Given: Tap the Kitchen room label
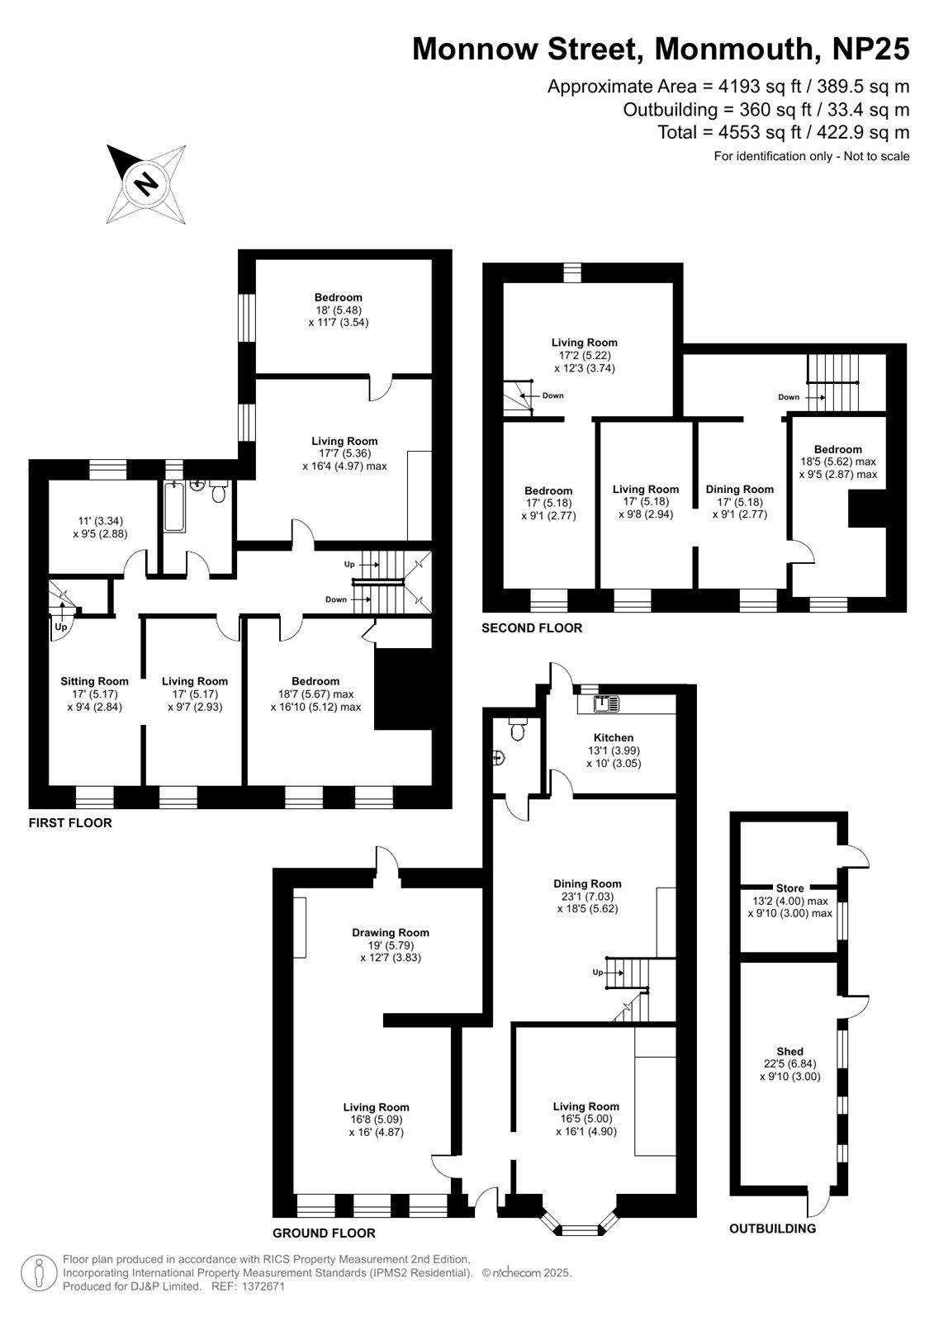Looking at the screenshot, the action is (614, 738).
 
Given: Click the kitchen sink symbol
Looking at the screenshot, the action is (607, 703).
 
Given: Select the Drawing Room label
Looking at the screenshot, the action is (391, 932).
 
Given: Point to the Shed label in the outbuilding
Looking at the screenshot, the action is (790, 1051).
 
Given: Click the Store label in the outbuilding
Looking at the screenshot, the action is (790, 888).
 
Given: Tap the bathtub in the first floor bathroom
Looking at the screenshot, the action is (174, 507).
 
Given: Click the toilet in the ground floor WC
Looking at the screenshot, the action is (518, 730).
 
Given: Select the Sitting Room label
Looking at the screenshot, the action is (94, 681).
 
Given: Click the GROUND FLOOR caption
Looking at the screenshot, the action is (324, 1233).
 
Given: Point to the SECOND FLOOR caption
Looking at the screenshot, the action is (532, 628).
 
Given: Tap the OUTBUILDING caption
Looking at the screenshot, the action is (772, 1229).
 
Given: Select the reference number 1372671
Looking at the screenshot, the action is (263, 1286).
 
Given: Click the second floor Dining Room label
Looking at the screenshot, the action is (739, 489).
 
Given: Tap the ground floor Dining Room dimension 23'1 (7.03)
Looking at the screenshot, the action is (588, 896).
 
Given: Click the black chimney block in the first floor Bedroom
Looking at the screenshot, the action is (404, 689).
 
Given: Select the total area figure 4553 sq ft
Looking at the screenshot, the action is (760, 132).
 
